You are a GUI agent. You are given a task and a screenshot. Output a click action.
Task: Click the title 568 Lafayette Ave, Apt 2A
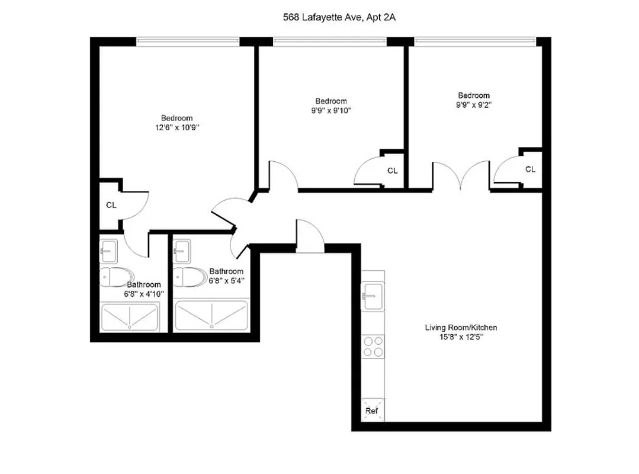pyautogui.click(x=339, y=18)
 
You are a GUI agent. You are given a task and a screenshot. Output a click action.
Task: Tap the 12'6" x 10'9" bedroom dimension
pyautogui.click(x=176, y=127)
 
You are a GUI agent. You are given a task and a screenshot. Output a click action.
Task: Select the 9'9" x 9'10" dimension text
pyautogui.click(x=330, y=110)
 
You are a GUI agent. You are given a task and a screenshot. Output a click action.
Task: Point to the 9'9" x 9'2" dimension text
pyautogui.click(x=473, y=104)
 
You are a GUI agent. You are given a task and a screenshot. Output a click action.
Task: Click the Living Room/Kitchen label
pyautogui.click(x=461, y=327)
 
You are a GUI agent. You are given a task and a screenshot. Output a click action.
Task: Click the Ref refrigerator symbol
pyautogui.click(x=371, y=410)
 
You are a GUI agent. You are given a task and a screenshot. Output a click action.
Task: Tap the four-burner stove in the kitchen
pyautogui.click(x=373, y=346)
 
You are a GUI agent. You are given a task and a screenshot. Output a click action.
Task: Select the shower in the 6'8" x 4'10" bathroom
pyautogui.click(x=130, y=317)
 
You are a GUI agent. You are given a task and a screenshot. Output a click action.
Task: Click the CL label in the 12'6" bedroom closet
pyautogui.click(x=111, y=206)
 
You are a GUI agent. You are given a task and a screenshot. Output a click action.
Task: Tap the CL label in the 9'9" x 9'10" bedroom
pyautogui.click(x=392, y=171)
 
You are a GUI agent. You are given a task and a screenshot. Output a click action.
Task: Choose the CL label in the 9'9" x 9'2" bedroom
pyautogui.click(x=530, y=169)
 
